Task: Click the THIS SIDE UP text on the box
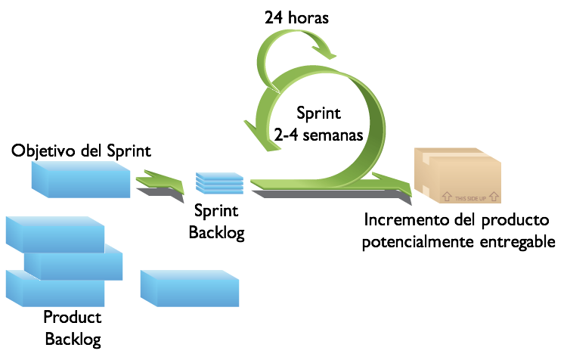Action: coord(470,197)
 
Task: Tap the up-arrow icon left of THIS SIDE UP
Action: coord(447,196)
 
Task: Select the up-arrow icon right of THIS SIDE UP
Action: coord(494,196)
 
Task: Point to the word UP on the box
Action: coord(482,197)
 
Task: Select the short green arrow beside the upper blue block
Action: coord(160,182)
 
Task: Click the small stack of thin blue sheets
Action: coord(220,183)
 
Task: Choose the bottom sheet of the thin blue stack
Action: coord(220,191)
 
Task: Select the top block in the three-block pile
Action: coord(55,234)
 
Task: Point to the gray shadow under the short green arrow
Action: coord(160,194)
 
